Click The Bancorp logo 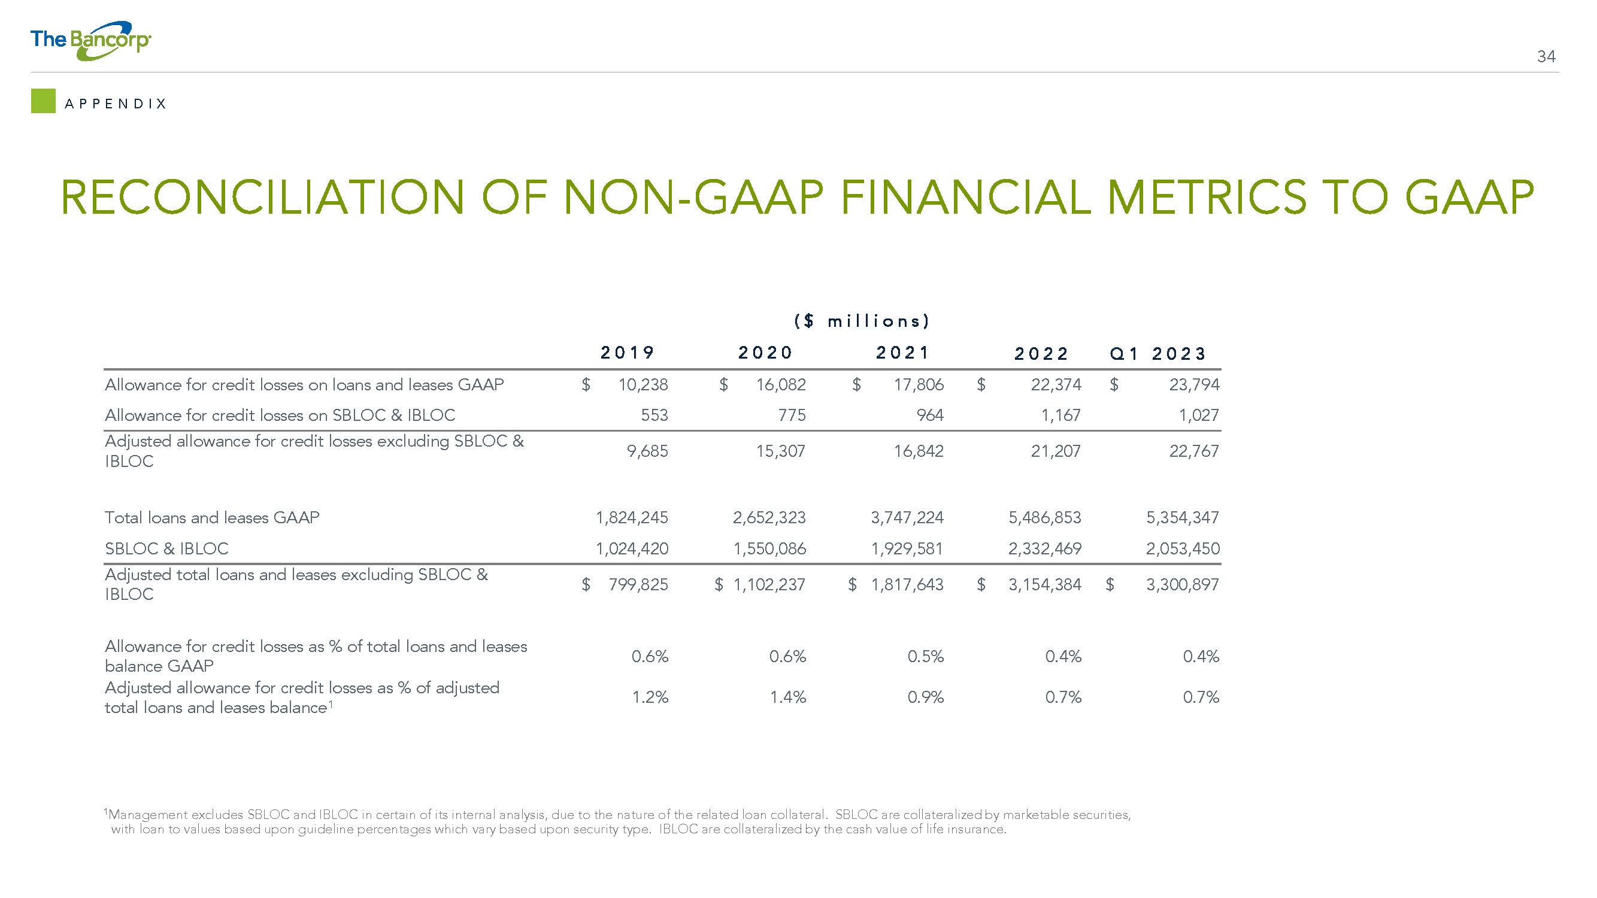click(90, 41)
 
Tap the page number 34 click(1546, 57)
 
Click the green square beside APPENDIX click(43, 101)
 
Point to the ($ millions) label click(862, 321)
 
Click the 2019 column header click(628, 353)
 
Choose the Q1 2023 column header click(1157, 354)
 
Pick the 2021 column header click(902, 353)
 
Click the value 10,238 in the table click(643, 385)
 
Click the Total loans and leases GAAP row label click(212, 517)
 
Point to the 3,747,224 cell click(907, 517)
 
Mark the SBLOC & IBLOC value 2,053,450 click(1182, 548)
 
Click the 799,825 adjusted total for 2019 click(638, 584)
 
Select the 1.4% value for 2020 click(787, 698)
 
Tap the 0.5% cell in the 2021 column click(925, 656)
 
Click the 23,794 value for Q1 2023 click(1194, 385)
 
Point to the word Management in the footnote click(147, 815)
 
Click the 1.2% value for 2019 click(650, 698)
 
